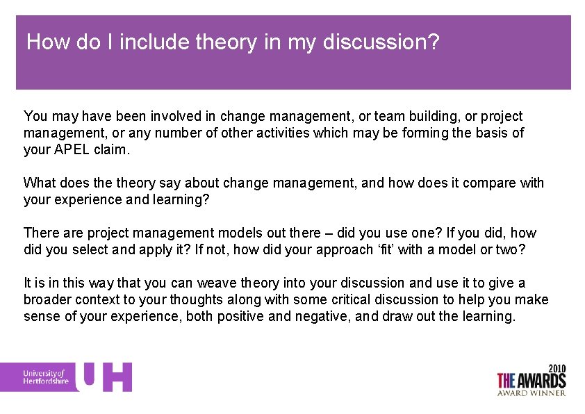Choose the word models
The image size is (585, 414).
tap(208, 233)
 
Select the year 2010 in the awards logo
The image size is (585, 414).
tap(557, 367)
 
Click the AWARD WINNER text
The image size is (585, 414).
tap(532, 393)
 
